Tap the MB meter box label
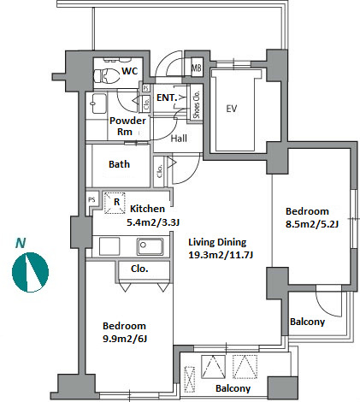pyautogui.click(x=197, y=68)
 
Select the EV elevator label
pyautogui.click(x=232, y=109)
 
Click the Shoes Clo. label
pyautogui.click(x=197, y=104)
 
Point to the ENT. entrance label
pyautogui.click(x=167, y=98)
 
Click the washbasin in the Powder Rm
pyautogui.click(x=99, y=103)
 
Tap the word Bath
pyautogui.click(x=119, y=164)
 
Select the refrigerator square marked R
pyautogui.click(x=115, y=203)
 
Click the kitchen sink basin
pyautogui.click(x=150, y=246)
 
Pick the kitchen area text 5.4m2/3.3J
pyautogui.click(x=153, y=222)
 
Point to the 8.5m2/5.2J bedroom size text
pyautogui.click(x=312, y=224)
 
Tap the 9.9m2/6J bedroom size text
pyautogui.click(x=125, y=339)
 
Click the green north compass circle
pyautogui.click(x=30, y=272)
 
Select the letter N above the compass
pyautogui.click(x=21, y=243)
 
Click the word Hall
pyautogui.click(x=179, y=139)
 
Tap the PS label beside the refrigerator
pyautogui.click(x=91, y=200)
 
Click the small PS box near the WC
pyautogui.click(x=145, y=88)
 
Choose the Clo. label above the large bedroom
pyautogui.click(x=139, y=269)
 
